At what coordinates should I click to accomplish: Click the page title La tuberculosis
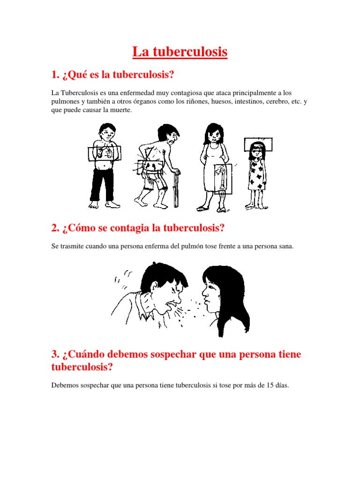(x=180, y=52)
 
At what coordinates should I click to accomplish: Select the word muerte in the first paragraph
(x=120, y=110)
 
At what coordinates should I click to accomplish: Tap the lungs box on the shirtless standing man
(x=104, y=153)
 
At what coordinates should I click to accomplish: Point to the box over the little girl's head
(x=258, y=144)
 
